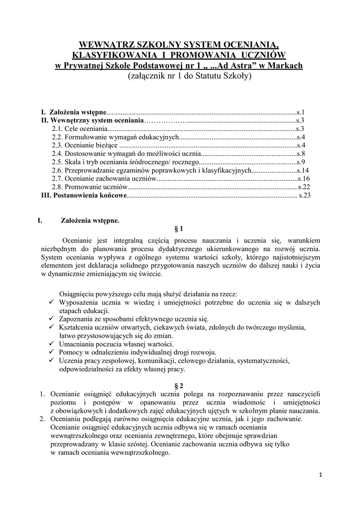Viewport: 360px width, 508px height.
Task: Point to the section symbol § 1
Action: pyautogui.click(x=179, y=229)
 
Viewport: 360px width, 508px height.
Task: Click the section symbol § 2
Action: pyautogui.click(x=179, y=385)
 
